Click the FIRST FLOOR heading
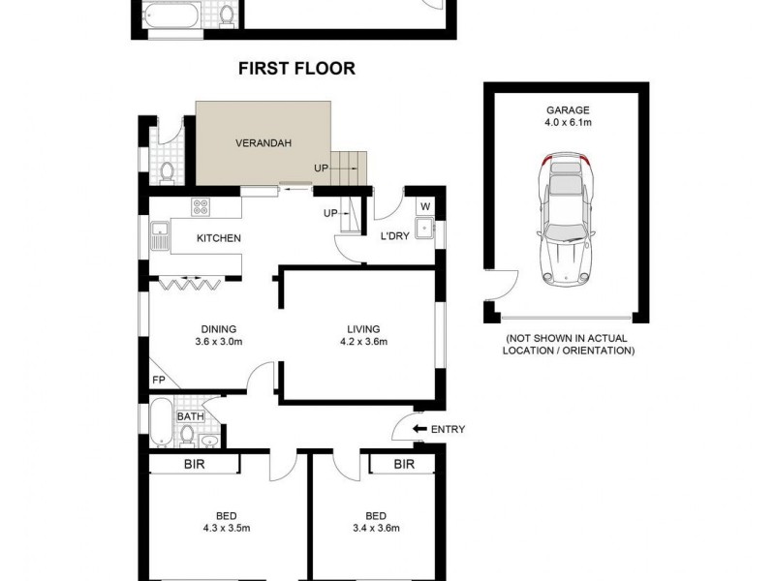click(296, 69)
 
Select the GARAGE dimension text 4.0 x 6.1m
click(567, 123)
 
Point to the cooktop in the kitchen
click(201, 205)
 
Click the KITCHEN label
click(218, 239)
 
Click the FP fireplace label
click(158, 381)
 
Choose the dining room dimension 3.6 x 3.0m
click(218, 341)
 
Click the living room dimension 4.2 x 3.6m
click(363, 341)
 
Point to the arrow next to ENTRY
click(419, 429)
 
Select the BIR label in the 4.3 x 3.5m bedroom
click(194, 465)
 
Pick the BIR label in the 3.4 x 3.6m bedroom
click(404, 465)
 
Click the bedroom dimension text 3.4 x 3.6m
click(376, 528)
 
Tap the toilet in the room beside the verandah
click(167, 172)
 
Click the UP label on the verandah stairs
click(321, 168)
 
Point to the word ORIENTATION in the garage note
click(596, 351)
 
